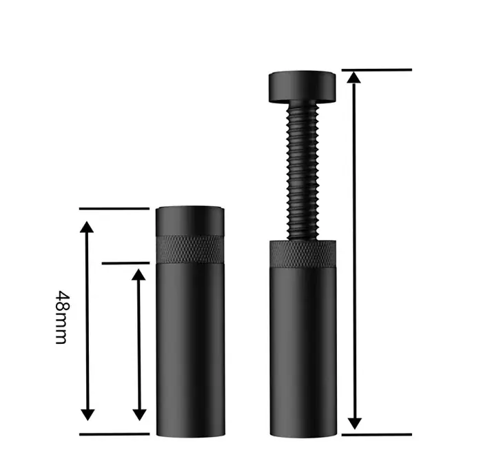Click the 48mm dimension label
tap(63, 318)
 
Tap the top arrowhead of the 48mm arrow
tap(87, 227)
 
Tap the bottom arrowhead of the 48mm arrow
tap(88, 415)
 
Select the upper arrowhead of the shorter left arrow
tap(139, 274)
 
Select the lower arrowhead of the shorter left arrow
tap(139, 415)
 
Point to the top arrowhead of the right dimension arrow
tap(354, 77)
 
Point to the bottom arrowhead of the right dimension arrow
tap(355, 424)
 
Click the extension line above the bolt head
tap(377, 70)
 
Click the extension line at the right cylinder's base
tap(377, 434)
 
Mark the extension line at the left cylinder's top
tap(114, 209)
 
